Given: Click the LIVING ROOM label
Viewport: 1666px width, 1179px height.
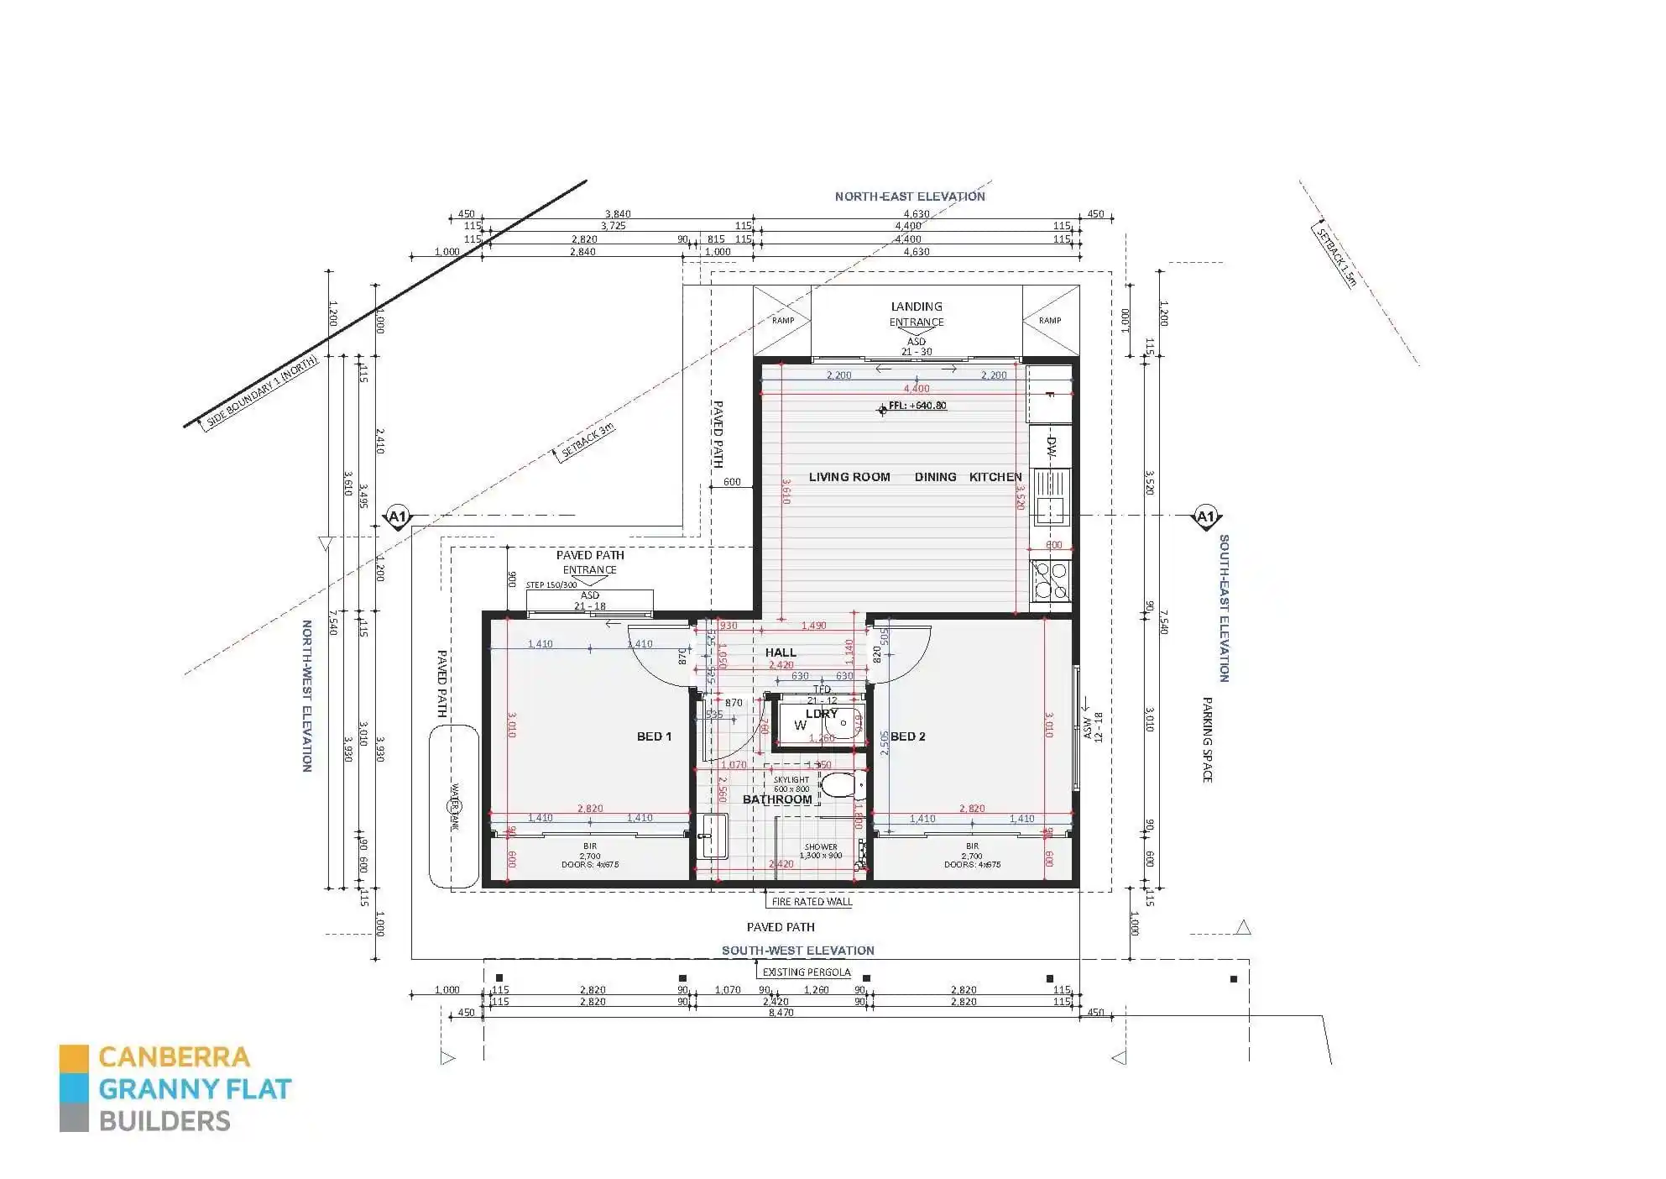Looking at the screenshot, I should pyautogui.click(x=849, y=477).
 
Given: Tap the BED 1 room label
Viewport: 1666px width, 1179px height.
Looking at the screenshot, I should pyautogui.click(x=654, y=736).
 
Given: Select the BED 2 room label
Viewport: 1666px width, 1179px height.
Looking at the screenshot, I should pyautogui.click(x=907, y=736).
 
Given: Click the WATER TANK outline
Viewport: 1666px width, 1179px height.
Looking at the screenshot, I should pyautogui.click(x=453, y=806).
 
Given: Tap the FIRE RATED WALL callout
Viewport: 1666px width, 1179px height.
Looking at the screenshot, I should pyautogui.click(x=811, y=902).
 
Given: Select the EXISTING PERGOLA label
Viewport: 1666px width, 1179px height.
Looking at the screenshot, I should pyautogui.click(x=806, y=972).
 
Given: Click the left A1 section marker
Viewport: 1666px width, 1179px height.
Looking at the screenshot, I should pyautogui.click(x=397, y=516).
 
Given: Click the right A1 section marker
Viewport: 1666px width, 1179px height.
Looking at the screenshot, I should pyautogui.click(x=1204, y=516).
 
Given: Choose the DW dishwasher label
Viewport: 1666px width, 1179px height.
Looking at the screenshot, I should pyautogui.click(x=1051, y=447).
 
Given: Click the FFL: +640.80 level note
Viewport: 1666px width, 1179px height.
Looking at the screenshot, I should pyautogui.click(x=917, y=406).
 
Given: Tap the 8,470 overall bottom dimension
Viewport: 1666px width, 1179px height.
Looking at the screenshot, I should pyautogui.click(x=781, y=1013).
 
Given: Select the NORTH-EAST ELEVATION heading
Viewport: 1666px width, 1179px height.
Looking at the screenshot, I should pyautogui.click(x=909, y=196).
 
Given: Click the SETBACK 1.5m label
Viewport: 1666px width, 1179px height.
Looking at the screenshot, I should pyautogui.click(x=1335, y=257).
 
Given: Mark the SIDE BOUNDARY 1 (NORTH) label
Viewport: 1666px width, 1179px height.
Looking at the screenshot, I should pyautogui.click(x=262, y=392).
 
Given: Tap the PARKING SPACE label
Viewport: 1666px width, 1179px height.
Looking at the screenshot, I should pyautogui.click(x=1208, y=739).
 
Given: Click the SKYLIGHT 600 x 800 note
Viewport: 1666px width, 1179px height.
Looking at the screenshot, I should pyautogui.click(x=791, y=784).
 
